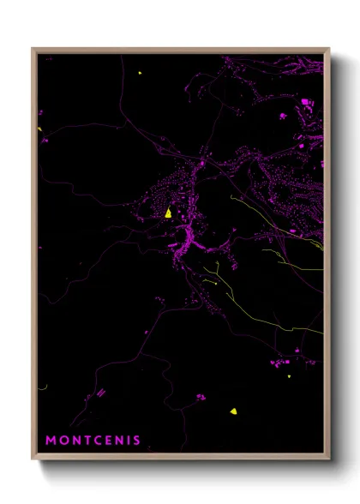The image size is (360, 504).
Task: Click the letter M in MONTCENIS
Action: coord(51,441)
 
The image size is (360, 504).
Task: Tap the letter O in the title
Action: coord(63,441)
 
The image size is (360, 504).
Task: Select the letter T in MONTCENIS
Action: coord(86,441)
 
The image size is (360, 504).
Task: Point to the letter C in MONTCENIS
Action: coord(96,441)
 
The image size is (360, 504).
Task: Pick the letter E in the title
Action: coord(107,441)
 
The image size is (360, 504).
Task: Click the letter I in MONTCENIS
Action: coord(128,441)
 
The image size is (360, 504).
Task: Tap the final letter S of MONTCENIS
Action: coord(136,441)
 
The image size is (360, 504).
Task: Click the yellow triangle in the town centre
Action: coord(169,213)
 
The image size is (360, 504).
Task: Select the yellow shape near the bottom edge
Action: coord(233,411)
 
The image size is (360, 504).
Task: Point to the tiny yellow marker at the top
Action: coord(139,73)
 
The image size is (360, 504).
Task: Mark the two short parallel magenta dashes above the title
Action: coord(101,393)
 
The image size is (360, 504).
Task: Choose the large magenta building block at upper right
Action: coord(305,103)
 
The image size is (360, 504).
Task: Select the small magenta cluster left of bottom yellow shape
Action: coord(200,397)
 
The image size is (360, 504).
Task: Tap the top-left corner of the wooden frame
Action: coord(33,49)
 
